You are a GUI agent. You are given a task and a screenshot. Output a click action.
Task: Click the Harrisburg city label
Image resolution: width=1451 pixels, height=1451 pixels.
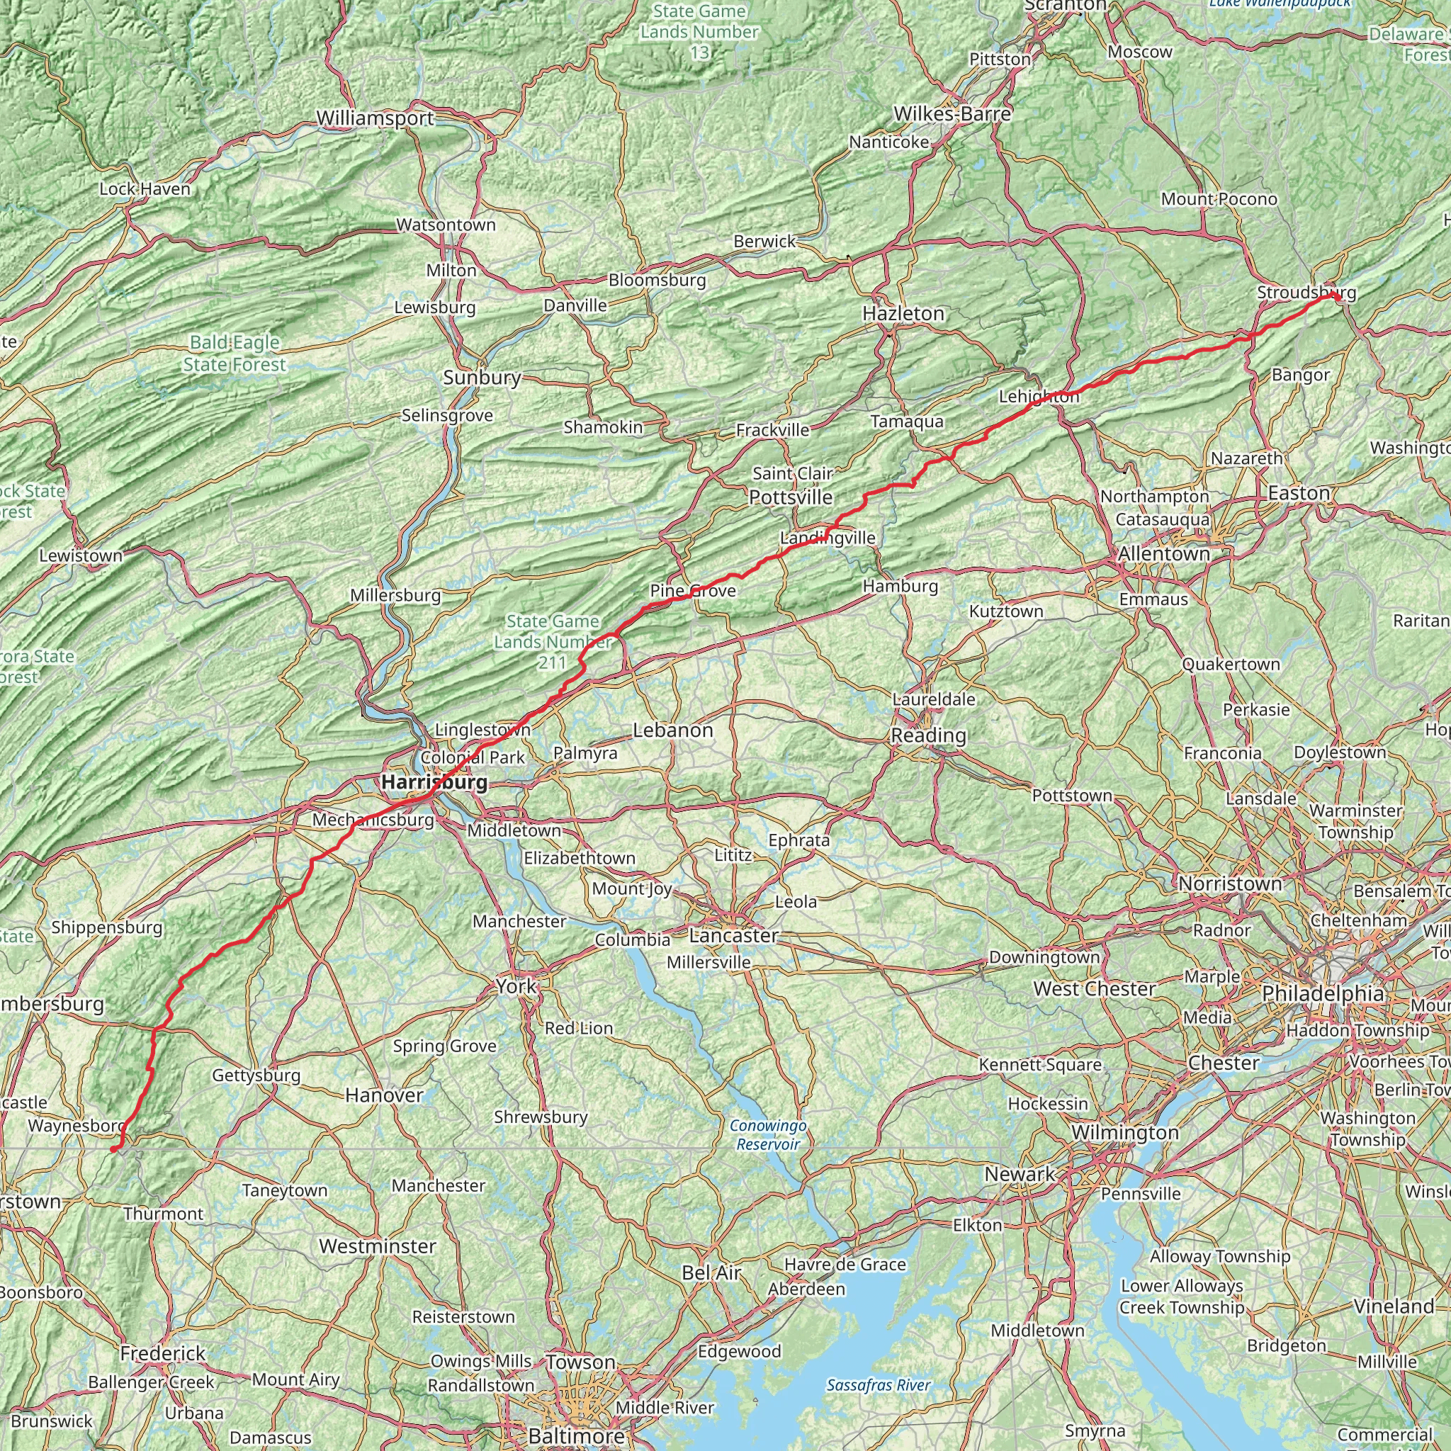pos(434,782)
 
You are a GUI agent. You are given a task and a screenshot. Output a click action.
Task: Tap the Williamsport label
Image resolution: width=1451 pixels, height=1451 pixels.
pos(375,118)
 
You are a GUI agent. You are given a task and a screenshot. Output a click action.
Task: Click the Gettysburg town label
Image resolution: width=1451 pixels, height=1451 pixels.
pos(256,1075)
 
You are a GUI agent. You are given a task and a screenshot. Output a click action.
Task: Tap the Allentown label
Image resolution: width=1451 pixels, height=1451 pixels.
pos(1163,554)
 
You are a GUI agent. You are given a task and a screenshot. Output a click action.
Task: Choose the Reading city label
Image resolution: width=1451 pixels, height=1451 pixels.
pos(928,735)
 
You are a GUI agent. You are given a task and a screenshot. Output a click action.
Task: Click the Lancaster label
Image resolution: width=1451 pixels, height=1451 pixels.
pos(733,935)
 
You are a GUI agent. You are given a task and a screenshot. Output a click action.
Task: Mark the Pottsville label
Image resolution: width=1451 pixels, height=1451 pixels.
pos(791,497)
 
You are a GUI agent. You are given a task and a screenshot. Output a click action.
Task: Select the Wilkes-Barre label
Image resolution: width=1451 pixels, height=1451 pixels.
pos(952,114)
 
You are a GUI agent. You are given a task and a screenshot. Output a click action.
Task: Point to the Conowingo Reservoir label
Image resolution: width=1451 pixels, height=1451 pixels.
pos(768,1135)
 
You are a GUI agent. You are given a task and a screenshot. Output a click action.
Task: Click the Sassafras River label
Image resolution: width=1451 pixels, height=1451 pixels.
pos(878,1385)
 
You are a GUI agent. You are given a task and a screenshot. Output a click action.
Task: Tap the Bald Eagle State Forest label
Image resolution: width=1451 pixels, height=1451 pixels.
pos(235,354)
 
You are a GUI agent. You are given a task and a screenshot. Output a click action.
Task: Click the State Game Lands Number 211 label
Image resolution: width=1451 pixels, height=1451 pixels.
pos(553,641)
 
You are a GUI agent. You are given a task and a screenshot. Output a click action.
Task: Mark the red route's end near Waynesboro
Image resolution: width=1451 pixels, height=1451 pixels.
pos(113,1149)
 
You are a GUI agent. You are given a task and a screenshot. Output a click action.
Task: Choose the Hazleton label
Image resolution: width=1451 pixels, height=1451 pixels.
pos(903,313)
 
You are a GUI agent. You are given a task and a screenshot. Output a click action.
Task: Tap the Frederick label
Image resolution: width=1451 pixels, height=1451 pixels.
pos(163,1353)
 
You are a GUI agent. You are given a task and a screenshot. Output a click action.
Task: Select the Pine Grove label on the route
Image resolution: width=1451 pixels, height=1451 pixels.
pos(692,591)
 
